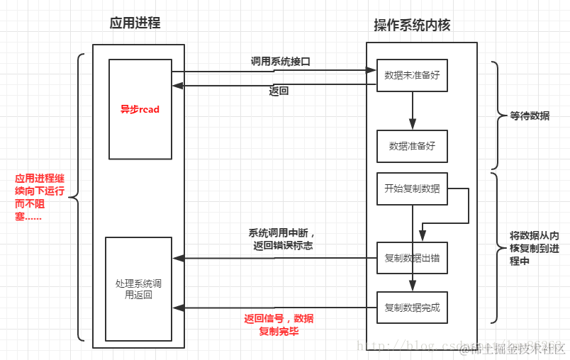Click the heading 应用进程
[135, 23]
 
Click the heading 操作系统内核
[412, 25]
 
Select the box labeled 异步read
[140, 109]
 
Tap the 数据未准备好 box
[412, 74]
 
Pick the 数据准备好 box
[412, 146]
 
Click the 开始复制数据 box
[412, 189]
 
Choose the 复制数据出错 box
[412, 258]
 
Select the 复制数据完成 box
[412, 308]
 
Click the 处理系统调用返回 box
[138, 288]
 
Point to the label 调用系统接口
[280, 62]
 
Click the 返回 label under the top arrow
[279, 91]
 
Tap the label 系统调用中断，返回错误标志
[281, 239]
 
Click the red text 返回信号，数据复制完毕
[279, 325]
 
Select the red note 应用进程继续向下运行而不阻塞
[40, 198]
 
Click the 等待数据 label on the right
[530, 116]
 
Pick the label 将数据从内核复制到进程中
[535, 248]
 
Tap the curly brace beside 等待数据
[494, 116]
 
